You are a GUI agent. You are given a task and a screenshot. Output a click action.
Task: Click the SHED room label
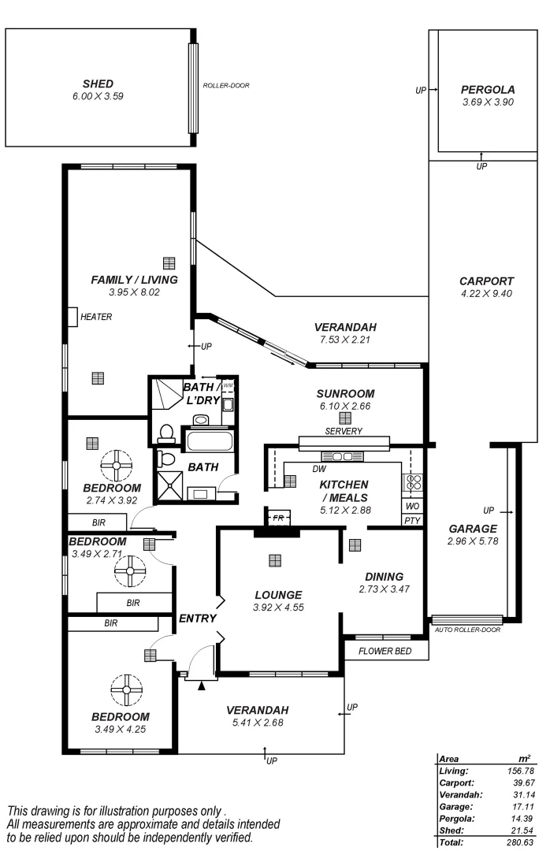coord(98,84)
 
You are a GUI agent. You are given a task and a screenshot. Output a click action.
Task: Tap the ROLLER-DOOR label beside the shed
coord(225,85)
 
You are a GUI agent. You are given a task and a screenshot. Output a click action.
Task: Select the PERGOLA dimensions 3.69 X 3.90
coord(488,102)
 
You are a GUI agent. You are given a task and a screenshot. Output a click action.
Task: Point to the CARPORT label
coord(486,281)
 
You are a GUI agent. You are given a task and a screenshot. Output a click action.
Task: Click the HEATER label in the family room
coord(96,318)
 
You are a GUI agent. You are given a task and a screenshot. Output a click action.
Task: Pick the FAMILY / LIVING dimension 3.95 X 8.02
coord(134,292)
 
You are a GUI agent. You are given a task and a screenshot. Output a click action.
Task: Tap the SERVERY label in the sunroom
coord(344,431)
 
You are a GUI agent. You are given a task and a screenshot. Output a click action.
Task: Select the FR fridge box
coord(277,518)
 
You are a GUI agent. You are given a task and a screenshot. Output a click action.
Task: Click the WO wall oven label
coord(412,506)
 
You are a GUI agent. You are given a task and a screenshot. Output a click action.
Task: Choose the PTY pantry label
coord(412,521)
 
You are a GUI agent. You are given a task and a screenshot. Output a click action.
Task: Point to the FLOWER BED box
coord(386,651)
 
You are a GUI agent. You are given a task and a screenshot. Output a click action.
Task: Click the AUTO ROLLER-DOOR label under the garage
coord(467,630)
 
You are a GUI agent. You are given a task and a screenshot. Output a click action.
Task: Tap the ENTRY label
coord(197,619)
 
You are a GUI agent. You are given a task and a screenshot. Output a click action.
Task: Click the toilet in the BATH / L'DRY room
coord(165,432)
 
